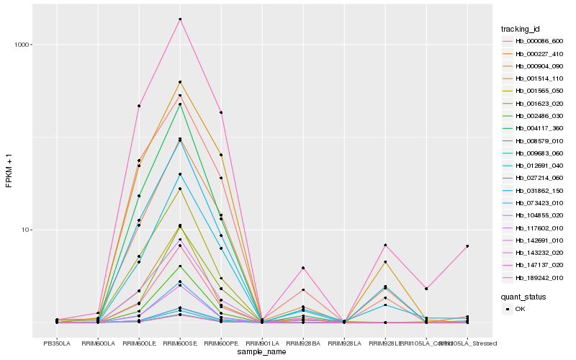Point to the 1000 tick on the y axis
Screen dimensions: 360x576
click(22, 45)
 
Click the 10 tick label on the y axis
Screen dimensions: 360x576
click(25, 230)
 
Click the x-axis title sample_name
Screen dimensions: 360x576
click(262, 353)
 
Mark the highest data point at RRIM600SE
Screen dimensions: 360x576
click(180, 19)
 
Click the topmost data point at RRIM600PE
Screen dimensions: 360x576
click(221, 112)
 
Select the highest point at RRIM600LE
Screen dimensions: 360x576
click(139, 106)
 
